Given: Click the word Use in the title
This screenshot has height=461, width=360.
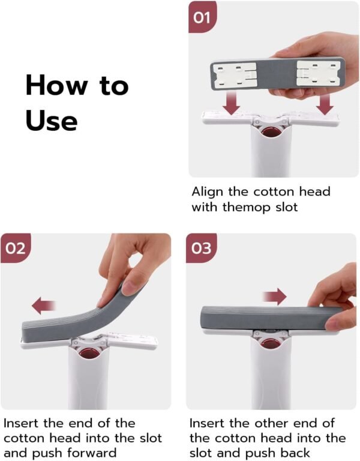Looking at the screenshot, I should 51,120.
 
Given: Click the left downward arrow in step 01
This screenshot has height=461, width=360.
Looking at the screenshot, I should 231,103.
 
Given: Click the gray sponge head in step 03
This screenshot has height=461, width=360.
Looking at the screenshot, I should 264,318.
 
